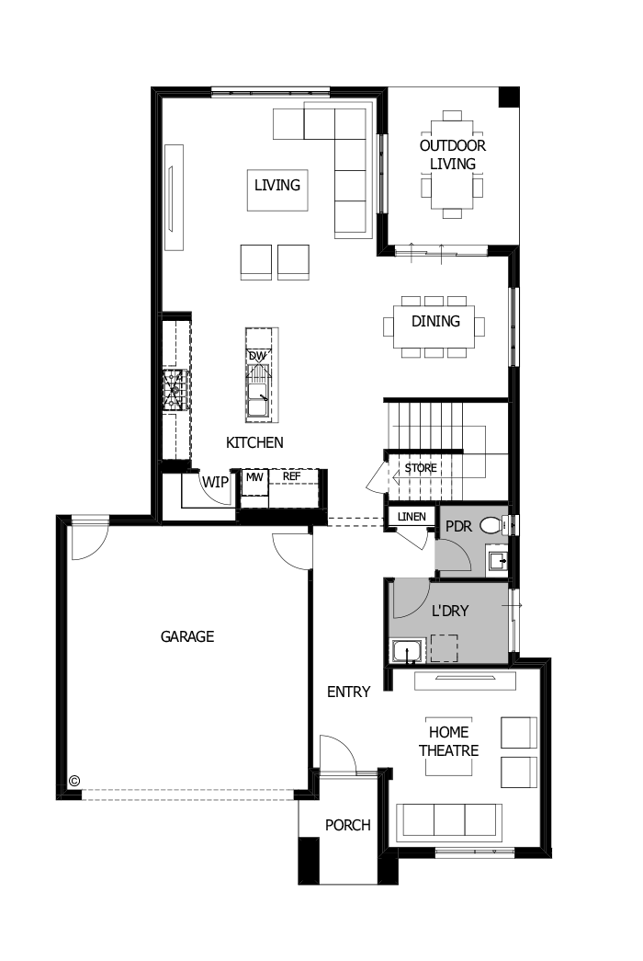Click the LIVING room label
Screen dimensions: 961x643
277,185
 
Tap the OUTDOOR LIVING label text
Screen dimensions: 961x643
453,154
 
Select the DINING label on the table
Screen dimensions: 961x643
435,321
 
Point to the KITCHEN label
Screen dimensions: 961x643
254,442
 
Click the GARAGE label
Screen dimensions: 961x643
187,635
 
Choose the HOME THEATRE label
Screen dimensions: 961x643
449,741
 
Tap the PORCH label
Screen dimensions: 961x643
348,825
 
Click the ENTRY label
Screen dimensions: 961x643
348,692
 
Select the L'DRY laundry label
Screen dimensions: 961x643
450,610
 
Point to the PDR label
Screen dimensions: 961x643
458,527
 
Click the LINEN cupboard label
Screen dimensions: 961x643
412,517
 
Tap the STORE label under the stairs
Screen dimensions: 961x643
421,468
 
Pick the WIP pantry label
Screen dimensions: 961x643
215,482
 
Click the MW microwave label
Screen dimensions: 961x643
254,476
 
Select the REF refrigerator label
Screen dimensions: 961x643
291,476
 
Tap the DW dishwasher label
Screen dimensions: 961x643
257,356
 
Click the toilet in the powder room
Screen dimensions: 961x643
492,526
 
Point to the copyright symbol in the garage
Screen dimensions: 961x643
74,781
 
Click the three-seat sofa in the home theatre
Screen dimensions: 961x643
448,819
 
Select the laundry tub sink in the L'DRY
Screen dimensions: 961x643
405,651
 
